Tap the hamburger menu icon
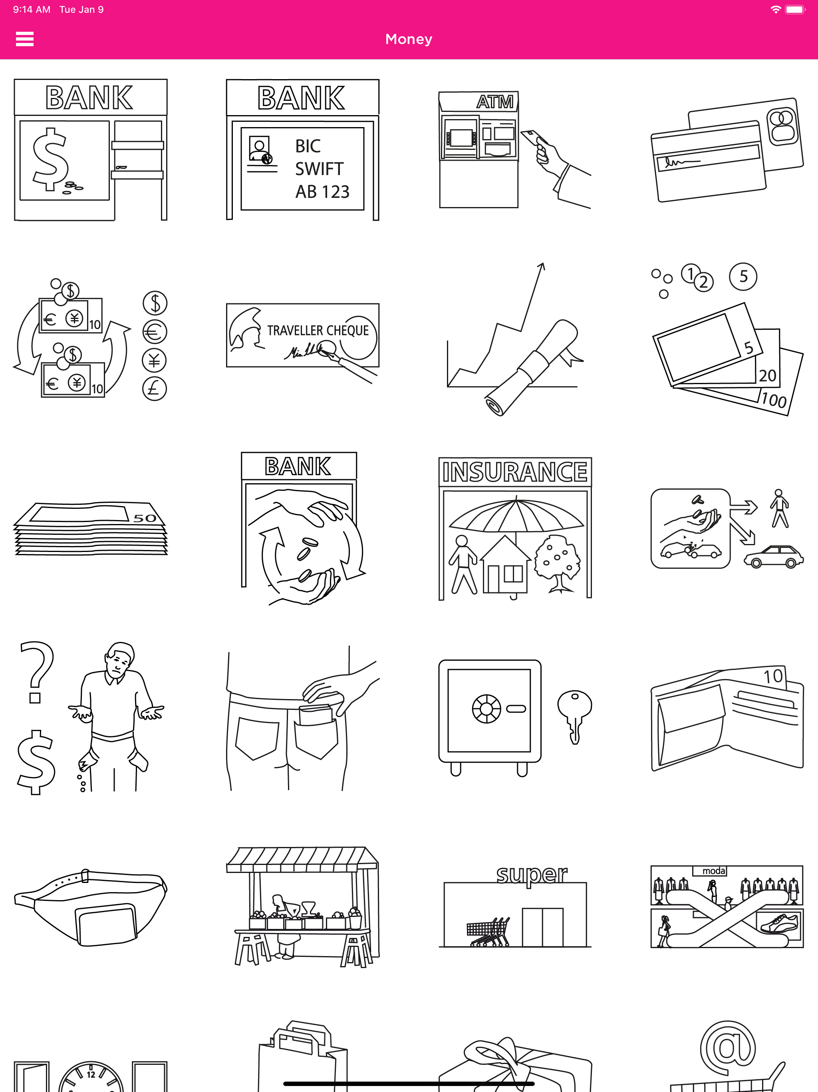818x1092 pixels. point(25,39)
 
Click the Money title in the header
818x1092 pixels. point(409,39)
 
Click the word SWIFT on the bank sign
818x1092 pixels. point(319,169)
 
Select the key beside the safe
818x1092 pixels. point(574,716)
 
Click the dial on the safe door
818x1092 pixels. point(486,709)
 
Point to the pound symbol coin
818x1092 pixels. point(155,389)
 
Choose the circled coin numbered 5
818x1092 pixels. point(743,277)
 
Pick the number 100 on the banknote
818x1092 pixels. point(774,399)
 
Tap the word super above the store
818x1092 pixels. point(531,874)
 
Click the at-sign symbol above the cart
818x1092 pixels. point(728,1048)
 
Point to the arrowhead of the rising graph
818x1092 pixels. point(541,266)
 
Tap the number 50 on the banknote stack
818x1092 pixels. point(145,518)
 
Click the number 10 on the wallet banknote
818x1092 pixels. point(773,676)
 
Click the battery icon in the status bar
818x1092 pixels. point(795,9)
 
